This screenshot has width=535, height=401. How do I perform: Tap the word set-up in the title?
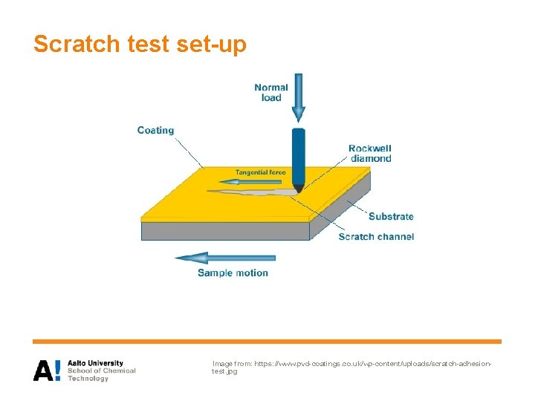point(212,45)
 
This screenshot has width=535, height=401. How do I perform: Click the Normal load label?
point(271,92)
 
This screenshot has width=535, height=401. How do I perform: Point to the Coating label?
point(155,131)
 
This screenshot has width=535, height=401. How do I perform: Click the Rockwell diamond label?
point(369,153)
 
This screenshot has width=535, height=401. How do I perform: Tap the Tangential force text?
point(260,172)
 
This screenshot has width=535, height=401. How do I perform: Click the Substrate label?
point(391,217)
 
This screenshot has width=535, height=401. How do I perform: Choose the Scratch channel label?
point(376,237)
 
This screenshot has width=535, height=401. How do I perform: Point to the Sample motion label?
point(233,273)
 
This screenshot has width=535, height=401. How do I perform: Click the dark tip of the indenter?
point(298,189)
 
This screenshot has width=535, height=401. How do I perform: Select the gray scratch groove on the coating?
point(253,193)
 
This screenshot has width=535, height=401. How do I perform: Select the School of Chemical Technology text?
point(101,374)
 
